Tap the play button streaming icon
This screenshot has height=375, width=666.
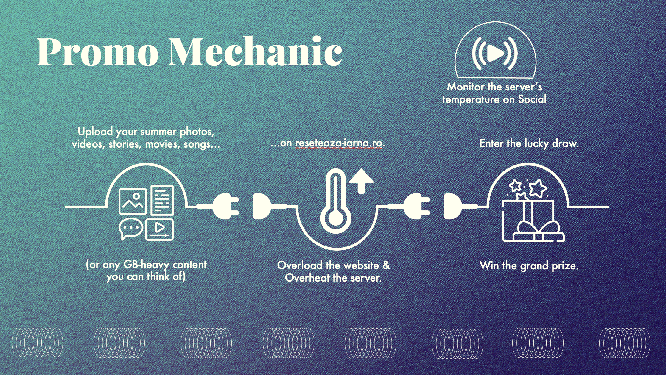(495, 54)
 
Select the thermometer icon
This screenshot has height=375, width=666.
(336, 202)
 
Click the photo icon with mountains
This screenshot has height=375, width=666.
(133, 201)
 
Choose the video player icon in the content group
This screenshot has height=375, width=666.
(159, 229)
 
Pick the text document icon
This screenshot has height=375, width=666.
(162, 200)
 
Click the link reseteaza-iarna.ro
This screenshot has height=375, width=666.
(339, 143)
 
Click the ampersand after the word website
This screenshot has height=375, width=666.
(386, 265)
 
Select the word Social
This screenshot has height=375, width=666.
(532, 99)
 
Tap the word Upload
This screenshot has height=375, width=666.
(95, 131)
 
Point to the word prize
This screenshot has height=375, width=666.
(565, 265)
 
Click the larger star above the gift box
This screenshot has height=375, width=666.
(538, 188)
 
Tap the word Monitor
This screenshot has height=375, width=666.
(466, 87)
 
